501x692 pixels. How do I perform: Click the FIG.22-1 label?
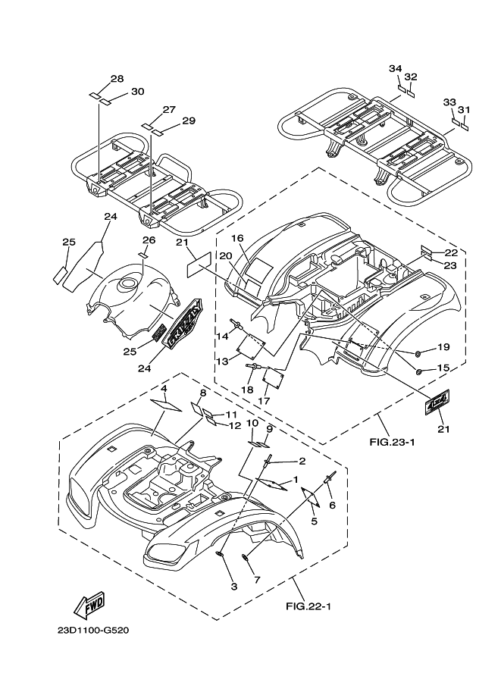click(308, 606)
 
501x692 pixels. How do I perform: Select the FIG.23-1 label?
click(393, 442)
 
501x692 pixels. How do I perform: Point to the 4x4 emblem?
click(437, 402)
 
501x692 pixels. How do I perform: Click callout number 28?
click(117, 79)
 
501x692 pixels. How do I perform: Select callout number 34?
click(396, 68)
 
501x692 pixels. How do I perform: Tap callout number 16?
click(237, 238)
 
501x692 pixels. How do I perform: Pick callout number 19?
click(443, 347)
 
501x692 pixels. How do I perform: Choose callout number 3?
click(234, 587)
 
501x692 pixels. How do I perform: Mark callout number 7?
click(257, 580)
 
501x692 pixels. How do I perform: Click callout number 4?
click(164, 389)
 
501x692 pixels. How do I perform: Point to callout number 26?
click(149, 240)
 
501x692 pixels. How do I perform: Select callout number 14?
click(222, 337)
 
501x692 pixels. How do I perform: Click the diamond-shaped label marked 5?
click(310, 497)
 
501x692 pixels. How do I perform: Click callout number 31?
click(464, 110)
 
